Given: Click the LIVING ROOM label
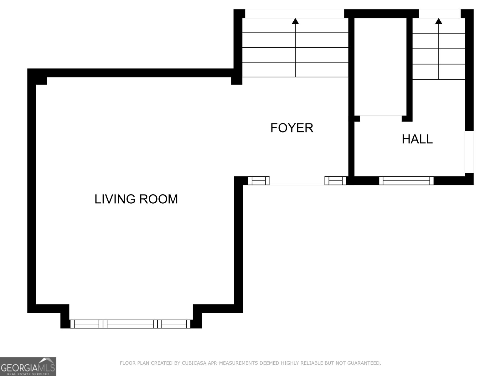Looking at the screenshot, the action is (136, 199).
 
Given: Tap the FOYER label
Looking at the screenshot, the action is (292, 128).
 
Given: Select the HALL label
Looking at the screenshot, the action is (417, 139).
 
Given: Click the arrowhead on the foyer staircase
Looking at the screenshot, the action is (295, 21).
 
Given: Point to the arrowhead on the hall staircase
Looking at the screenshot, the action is (438, 21).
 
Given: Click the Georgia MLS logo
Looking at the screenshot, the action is (28, 366).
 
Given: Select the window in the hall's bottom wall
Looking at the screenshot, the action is (406, 180).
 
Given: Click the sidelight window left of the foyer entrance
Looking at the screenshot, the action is (259, 180).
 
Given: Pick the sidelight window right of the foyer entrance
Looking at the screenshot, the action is (335, 180).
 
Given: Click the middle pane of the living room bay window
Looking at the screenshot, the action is (130, 324).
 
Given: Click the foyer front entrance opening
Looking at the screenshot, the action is (297, 180).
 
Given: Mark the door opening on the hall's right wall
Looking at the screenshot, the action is (469, 152).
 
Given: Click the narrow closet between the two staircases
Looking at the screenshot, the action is (380, 67).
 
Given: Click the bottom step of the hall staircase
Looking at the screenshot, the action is (439, 72).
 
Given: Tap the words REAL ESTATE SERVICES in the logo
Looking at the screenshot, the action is (28, 374).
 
